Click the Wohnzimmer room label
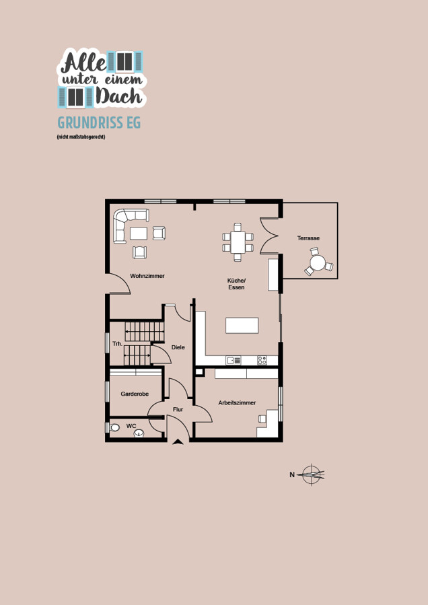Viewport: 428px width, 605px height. click(147, 276)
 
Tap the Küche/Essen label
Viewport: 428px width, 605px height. click(236, 284)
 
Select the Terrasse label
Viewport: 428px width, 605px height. click(308, 238)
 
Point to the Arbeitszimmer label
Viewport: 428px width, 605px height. click(237, 402)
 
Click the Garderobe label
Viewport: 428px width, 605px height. click(135, 394)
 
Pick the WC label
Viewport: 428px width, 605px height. click(131, 426)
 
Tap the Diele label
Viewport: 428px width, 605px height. click(178, 347)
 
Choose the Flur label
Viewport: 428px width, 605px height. click(178, 409)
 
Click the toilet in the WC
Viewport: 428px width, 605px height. click(114, 427)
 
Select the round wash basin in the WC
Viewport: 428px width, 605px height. click(139, 433)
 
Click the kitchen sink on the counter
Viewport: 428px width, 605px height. click(234, 361)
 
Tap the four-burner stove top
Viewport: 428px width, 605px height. click(262, 361)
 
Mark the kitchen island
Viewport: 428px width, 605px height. click(242, 325)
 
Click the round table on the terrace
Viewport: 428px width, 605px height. click(318, 263)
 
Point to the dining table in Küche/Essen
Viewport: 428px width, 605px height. click(238, 242)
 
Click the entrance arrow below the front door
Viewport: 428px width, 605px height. click(178, 441)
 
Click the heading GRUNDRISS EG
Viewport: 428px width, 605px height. click(99, 122)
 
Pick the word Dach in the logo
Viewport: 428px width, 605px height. click(119, 96)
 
